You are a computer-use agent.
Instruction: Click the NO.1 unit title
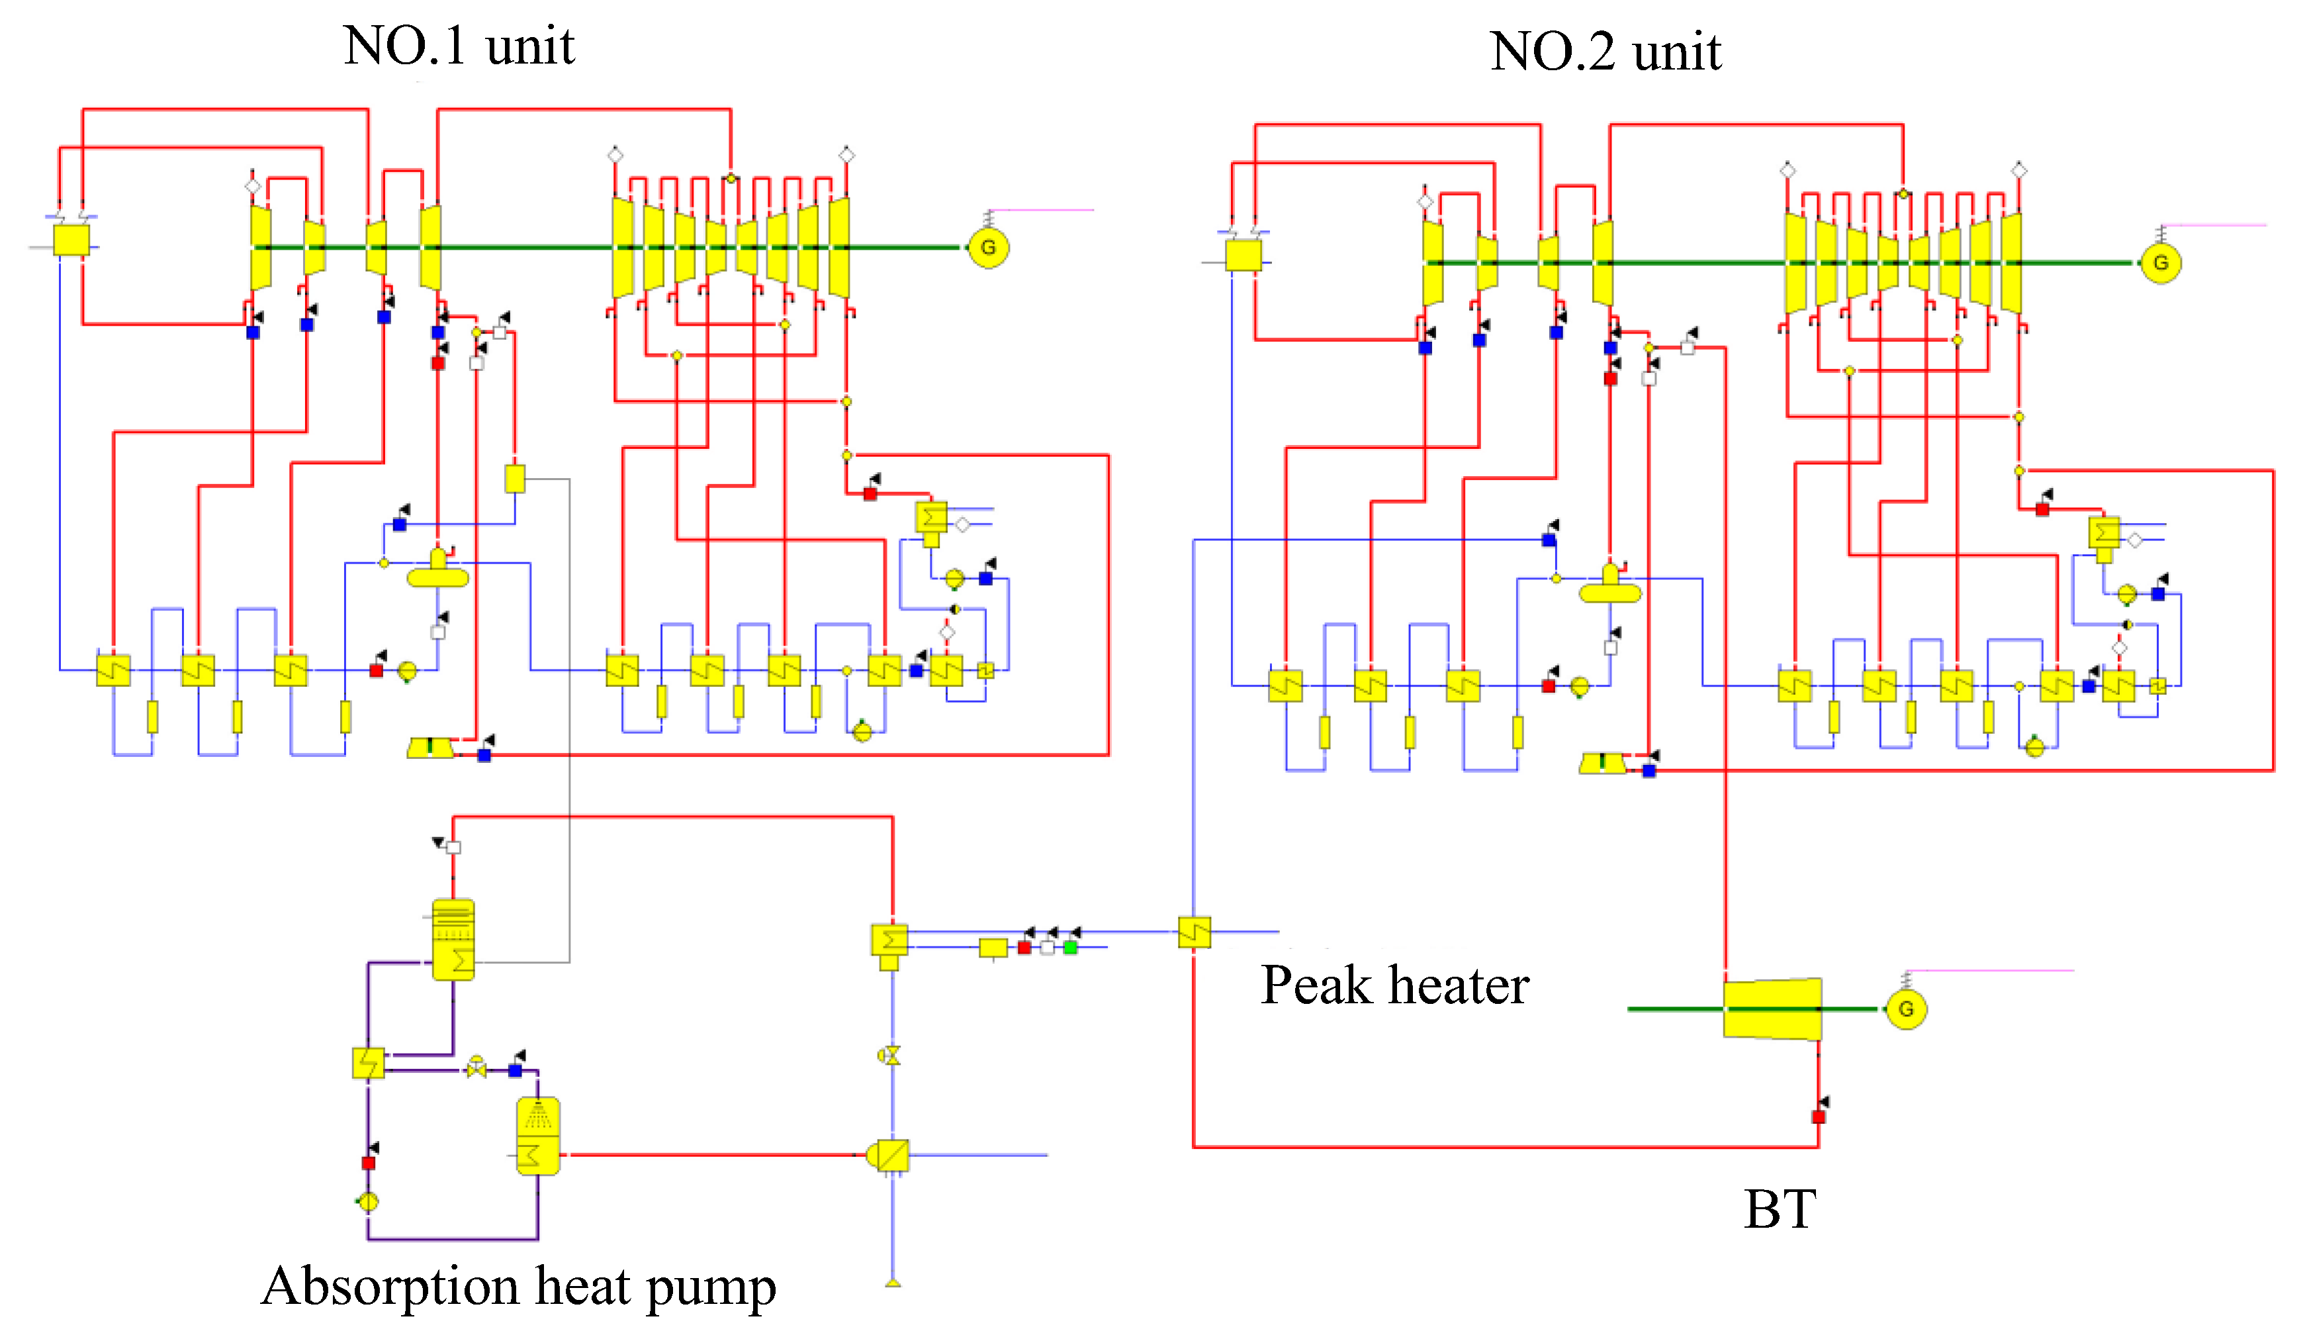point(459,46)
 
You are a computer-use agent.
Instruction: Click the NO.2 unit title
point(1606,51)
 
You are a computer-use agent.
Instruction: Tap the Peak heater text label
point(1395,985)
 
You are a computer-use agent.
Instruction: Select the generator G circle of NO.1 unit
point(988,247)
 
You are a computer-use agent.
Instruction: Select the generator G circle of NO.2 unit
point(2161,263)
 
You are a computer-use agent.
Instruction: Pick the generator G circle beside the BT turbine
point(1906,1009)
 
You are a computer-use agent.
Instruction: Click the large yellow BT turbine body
point(1773,1009)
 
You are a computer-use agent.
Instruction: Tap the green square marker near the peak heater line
point(1070,947)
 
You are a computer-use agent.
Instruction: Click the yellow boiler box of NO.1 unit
point(71,240)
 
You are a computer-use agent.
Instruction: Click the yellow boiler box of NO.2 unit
point(1243,256)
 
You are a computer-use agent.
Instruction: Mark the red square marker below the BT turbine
point(1819,1117)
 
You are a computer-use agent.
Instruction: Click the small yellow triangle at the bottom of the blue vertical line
point(893,1283)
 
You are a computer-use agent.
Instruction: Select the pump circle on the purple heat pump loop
point(368,1201)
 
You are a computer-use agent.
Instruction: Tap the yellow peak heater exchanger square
point(1195,932)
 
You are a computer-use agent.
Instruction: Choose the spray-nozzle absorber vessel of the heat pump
point(538,1136)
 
